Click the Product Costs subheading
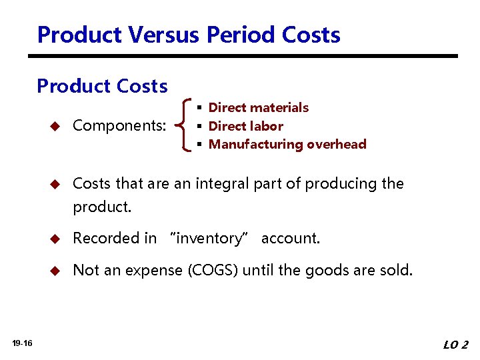tap(102, 86)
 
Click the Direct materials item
tap(259, 107)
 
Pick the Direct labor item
tap(246, 126)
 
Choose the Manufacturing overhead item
tap(287, 144)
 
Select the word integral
tap(221, 183)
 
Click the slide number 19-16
tap(22, 343)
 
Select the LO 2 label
tap(456, 345)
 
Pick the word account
tap(291, 238)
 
